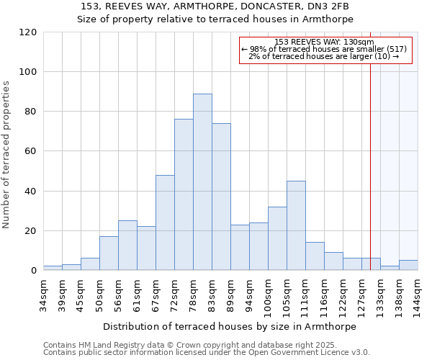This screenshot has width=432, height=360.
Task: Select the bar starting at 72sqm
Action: pos(184,194)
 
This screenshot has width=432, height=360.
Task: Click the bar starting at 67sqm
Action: pos(165,222)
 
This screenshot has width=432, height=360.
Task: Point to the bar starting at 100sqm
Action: pos(277,238)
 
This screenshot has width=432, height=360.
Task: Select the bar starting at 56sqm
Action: pos(127,245)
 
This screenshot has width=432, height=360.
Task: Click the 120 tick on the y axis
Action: pos(28,32)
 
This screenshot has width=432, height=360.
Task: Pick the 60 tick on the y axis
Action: pos(31,151)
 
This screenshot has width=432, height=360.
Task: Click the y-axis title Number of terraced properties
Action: pos(7,155)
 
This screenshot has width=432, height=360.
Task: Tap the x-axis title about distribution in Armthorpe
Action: pos(230,326)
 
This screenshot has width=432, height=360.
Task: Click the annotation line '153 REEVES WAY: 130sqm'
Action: pos(324,42)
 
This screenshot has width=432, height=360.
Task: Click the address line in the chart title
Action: pos(215,6)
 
